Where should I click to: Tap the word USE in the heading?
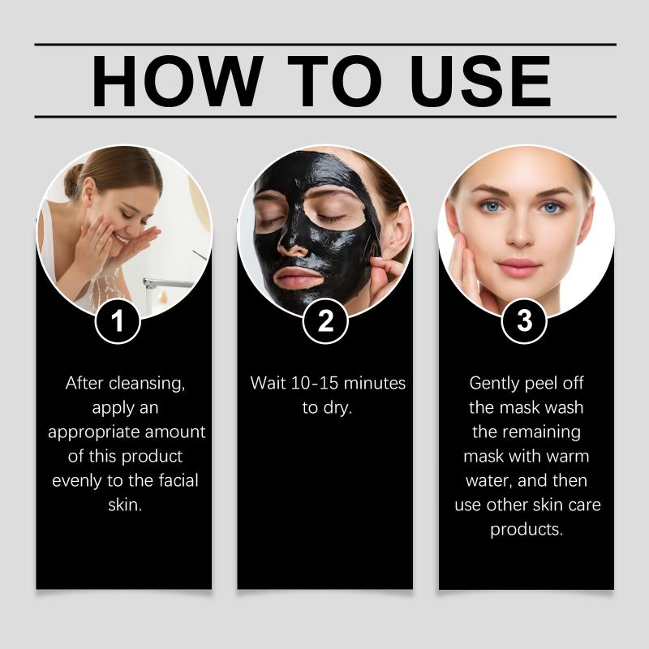(480, 81)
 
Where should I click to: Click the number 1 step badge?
(118, 320)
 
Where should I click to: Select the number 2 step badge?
(325, 320)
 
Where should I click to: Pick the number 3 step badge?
(524, 320)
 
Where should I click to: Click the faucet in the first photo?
(168, 283)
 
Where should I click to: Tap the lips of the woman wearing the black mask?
(299, 277)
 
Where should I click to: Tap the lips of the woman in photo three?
(518, 267)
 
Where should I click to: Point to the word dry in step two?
(337, 409)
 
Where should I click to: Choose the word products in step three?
(527, 531)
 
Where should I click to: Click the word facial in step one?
(178, 480)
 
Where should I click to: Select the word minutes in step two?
(375, 383)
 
